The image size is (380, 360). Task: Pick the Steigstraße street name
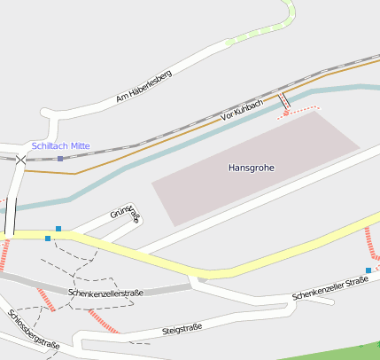(182, 328)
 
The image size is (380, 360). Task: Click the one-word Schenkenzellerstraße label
(105, 292)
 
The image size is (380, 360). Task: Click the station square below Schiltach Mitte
(60, 159)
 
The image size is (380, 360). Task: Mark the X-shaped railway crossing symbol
(20, 160)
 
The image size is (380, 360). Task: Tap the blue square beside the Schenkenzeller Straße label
(368, 270)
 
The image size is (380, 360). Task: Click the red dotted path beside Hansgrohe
(301, 111)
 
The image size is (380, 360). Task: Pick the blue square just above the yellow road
(58, 229)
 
